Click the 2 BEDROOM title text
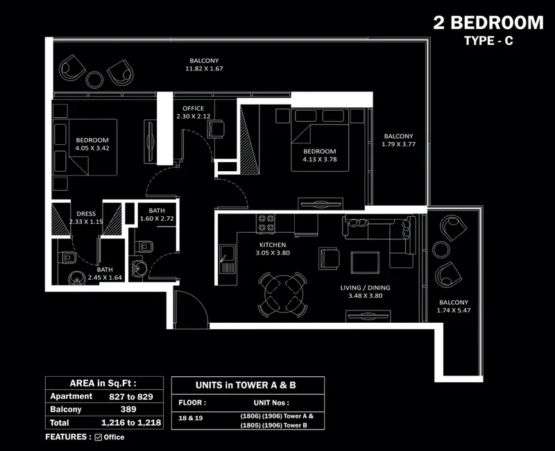[488, 23]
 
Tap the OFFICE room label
[194, 108]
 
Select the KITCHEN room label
[273, 245]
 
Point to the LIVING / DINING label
[366, 288]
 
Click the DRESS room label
[86, 213]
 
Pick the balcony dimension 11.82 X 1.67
[204, 69]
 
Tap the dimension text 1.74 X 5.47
[454, 310]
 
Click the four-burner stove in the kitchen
[266, 222]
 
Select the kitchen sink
[227, 259]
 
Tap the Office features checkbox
[99, 437]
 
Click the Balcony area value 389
[128, 409]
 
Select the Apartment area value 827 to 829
[131, 396]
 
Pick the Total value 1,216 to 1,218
[131, 423]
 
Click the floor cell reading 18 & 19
[190, 418]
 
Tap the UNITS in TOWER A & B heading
[246, 385]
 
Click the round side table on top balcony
[94, 79]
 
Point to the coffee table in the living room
[365, 263]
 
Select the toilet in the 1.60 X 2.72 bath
[144, 247]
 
